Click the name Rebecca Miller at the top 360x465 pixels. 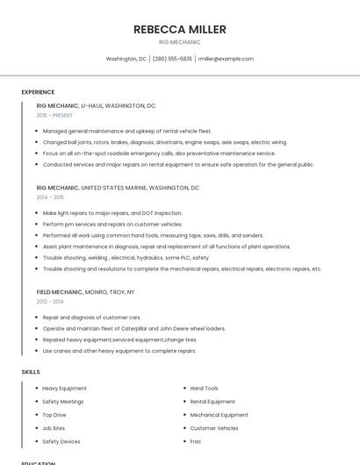click(179, 29)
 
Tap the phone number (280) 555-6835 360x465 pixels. click(172, 59)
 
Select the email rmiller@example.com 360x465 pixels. click(226, 59)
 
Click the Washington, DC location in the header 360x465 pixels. click(126, 59)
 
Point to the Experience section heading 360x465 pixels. click(38, 92)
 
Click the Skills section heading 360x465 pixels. click(31, 372)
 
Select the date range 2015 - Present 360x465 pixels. click(54, 115)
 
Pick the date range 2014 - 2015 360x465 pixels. click(50, 197)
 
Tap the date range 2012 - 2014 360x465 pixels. click(50, 301)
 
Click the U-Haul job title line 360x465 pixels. click(96, 105)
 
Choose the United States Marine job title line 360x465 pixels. click(118, 188)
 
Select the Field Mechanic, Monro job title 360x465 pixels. click(85, 291)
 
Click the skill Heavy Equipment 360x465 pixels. click(64, 388)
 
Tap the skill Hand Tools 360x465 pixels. click(204, 388)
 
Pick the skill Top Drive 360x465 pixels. click(54, 415)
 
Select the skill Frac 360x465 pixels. click(197, 441)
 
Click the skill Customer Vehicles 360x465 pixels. click(213, 428)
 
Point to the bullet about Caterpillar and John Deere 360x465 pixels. click(133, 328)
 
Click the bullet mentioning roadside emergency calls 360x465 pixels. click(159, 153)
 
